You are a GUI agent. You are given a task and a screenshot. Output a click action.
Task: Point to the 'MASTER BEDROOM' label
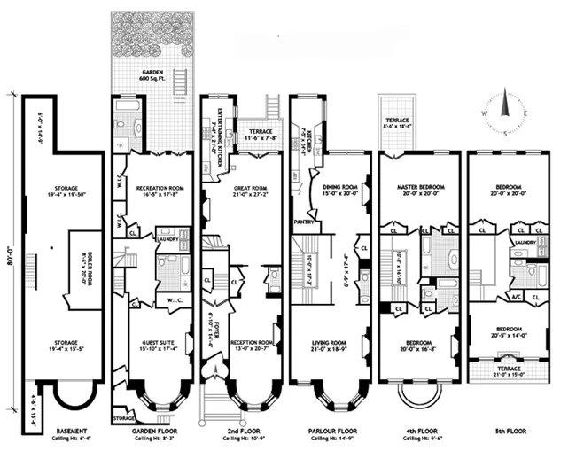pyautogui.click(x=421, y=188)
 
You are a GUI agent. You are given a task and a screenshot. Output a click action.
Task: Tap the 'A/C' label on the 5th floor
pyautogui.click(x=513, y=297)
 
